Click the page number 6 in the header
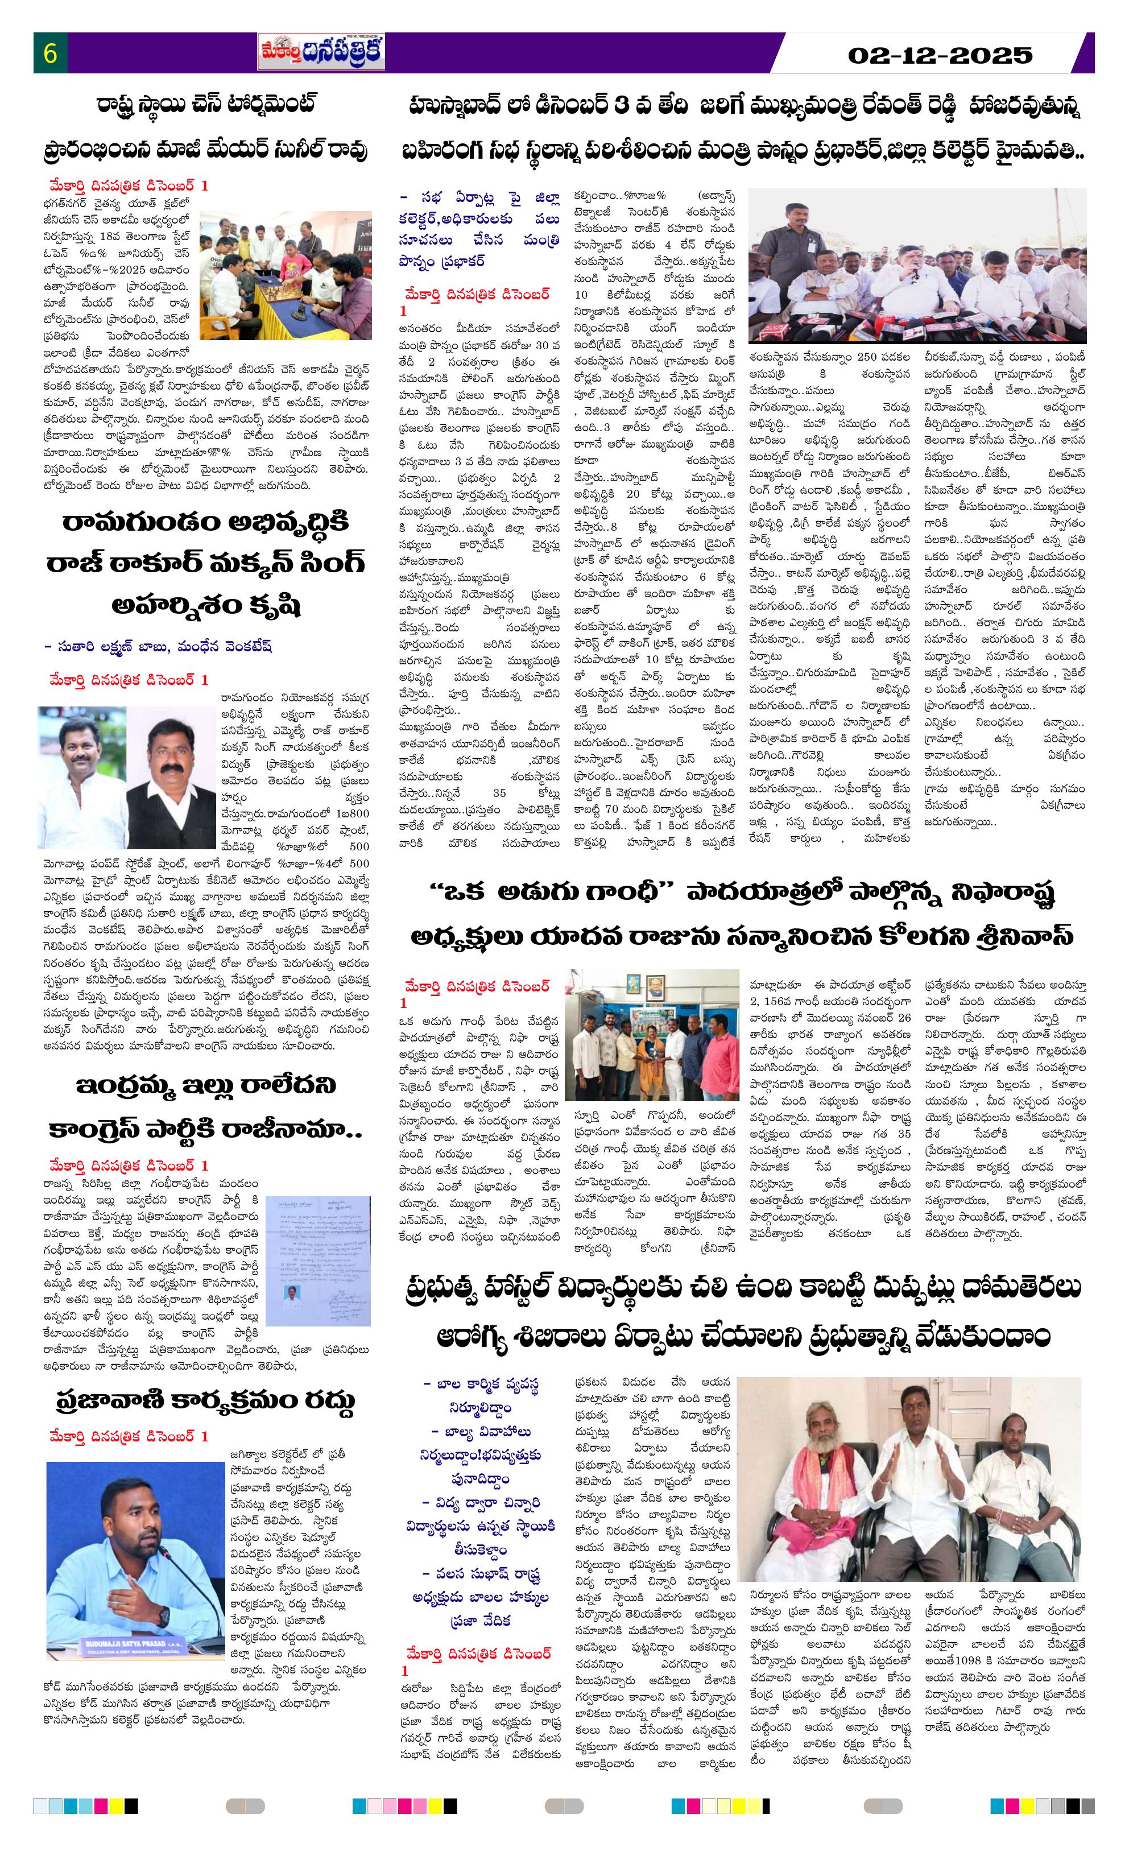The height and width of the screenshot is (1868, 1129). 51,55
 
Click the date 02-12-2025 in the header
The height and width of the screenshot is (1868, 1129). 940,55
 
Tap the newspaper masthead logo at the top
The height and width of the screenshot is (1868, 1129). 321,53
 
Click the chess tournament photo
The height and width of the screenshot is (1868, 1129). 286,275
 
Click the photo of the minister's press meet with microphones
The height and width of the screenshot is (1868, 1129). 917,265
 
